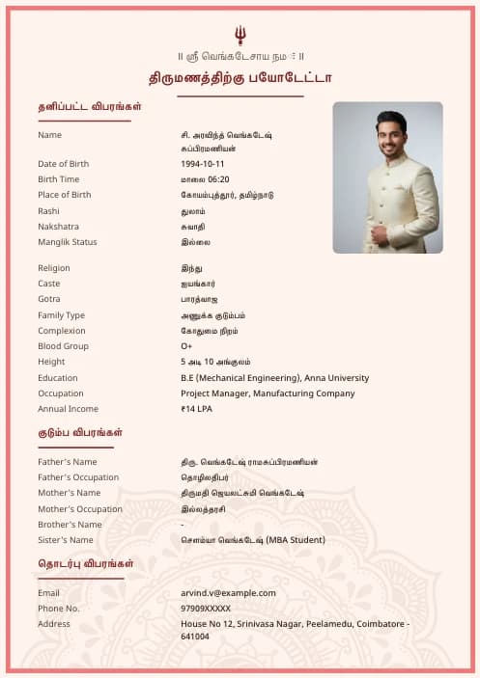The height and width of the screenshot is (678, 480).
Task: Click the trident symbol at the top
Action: pos(240,36)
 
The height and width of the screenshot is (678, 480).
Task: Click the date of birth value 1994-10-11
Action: pos(203,164)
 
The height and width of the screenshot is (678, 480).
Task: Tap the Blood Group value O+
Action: pos(186,346)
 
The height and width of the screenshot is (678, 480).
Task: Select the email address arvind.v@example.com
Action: pos(228,593)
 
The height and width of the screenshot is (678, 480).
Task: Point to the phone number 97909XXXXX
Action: pos(206,609)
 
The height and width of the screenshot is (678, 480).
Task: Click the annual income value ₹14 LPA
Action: pos(197,409)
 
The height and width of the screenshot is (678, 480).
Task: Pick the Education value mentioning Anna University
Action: pos(274,378)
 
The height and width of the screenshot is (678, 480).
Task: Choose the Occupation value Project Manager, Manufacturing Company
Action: pos(268,393)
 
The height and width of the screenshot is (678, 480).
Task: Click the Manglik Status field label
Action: pos(68,242)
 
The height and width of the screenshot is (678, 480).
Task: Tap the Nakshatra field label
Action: pos(58,227)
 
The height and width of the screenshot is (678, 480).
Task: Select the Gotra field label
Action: pos(49,300)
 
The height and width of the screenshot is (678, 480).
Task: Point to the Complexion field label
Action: pos(62,331)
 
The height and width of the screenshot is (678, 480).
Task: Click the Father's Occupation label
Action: pos(78,477)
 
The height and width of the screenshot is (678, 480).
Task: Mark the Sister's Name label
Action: pos(66,540)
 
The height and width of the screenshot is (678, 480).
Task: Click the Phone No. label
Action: pos(58,609)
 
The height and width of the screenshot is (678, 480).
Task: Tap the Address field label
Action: pos(54,624)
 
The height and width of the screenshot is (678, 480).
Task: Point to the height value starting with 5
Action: pos(215,362)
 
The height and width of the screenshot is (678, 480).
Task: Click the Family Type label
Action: pos(61,315)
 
